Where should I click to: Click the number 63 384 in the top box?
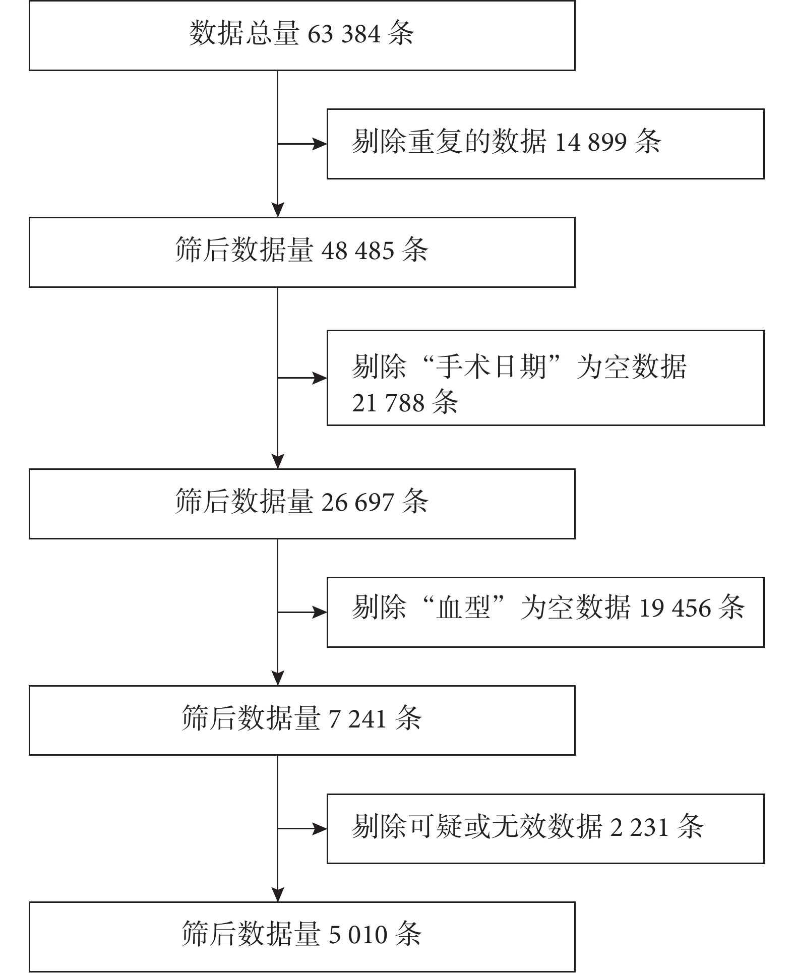pyautogui.click(x=343, y=34)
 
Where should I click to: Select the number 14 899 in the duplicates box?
pyautogui.click(x=591, y=143)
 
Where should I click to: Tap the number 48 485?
pyautogui.click(x=357, y=251)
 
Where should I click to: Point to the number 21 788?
pyautogui.click(x=388, y=403)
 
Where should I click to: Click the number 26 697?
pyautogui.click(x=357, y=503)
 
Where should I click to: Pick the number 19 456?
pyautogui.click(x=675, y=609)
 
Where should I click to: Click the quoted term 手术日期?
pyautogui.click(x=492, y=367)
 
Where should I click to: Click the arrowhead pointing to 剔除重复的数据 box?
pyautogui.click(x=320, y=144)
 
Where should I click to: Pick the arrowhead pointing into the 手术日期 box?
pyautogui.click(x=320, y=378)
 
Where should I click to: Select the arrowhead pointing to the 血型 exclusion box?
pyautogui.click(x=320, y=613)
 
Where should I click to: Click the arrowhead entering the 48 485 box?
pyautogui.click(x=278, y=210)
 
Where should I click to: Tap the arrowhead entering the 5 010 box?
pyautogui.click(x=278, y=894)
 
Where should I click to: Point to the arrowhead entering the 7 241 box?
pyautogui.click(x=278, y=678)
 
